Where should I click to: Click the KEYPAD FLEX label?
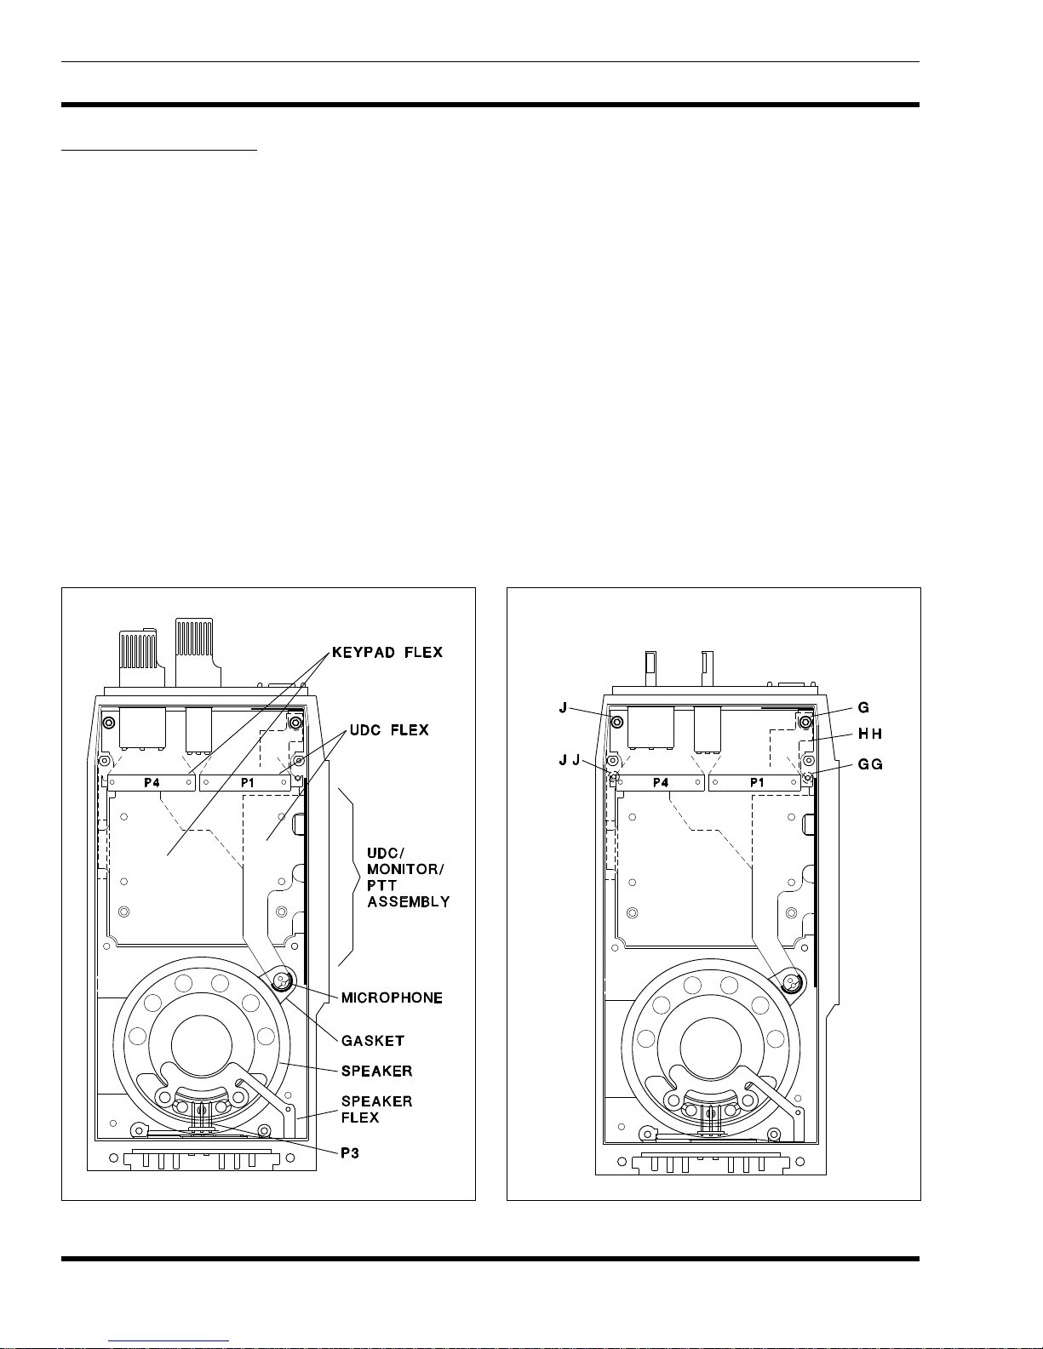(x=387, y=653)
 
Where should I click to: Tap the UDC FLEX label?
(x=389, y=730)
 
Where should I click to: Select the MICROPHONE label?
(x=392, y=997)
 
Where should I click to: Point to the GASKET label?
(x=373, y=1040)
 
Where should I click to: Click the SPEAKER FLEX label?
(x=376, y=1109)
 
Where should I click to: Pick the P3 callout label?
(x=350, y=1153)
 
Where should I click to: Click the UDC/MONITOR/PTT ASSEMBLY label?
(x=408, y=877)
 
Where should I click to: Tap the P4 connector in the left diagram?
(x=152, y=783)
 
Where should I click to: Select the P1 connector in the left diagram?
(x=245, y=783)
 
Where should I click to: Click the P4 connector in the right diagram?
(x=661, y=783)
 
